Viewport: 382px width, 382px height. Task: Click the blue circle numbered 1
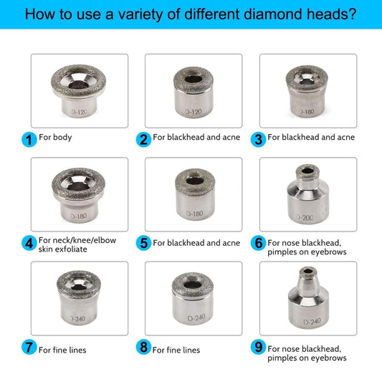coord(29,139)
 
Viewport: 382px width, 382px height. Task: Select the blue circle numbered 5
coord(144,243)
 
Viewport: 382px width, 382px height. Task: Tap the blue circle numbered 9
coord(258,349)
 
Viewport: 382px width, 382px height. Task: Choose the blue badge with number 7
coord(29,349)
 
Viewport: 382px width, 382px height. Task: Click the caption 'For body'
coord(56,137)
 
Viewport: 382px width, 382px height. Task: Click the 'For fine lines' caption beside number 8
coord(176,350)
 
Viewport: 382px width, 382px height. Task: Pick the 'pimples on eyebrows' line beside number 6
coord(307,252)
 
